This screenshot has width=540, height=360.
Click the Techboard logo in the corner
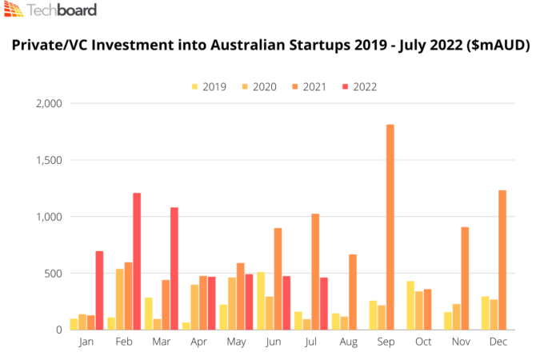click(50, 11)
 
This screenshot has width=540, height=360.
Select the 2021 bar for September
click(390, 227)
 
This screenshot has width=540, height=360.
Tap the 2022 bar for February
click(137, 261)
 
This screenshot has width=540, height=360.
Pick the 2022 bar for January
click(99, 290)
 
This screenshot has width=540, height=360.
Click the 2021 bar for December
click(502, 259)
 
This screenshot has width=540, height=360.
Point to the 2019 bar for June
click(260, 301)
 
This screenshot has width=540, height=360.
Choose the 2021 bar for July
click(315, 271)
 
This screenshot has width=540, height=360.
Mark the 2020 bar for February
click(119, 299)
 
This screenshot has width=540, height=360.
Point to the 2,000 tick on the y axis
click(50, 103)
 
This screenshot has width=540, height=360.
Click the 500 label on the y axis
click(54, 273)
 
